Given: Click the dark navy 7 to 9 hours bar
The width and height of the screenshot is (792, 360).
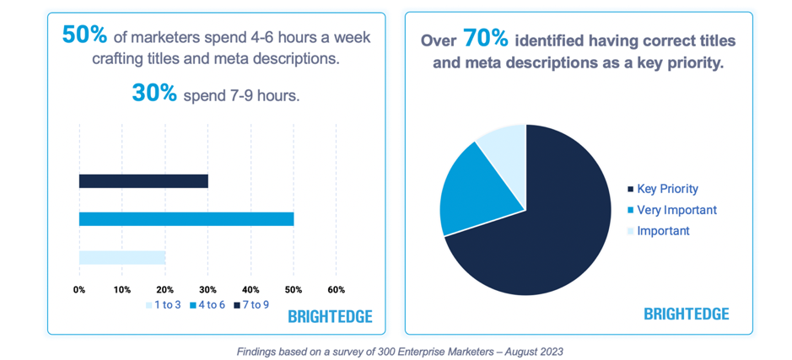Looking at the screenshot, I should tap(143, 181).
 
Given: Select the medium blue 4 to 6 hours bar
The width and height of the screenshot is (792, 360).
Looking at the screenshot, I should tap(186, 219).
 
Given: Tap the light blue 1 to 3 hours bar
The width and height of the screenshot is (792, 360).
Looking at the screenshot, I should tap(122, 257).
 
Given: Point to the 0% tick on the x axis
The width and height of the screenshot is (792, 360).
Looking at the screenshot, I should tap(79, 289).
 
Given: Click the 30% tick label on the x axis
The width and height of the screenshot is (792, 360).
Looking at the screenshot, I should tap(207, 289).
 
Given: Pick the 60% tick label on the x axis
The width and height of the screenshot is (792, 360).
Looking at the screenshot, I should tap(336, 289).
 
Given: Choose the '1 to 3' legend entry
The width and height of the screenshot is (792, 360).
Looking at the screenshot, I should tap(163, 304).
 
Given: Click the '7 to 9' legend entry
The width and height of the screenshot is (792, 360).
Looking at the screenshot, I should tap(251, 304).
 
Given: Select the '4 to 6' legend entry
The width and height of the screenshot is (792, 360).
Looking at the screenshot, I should tap(207, 304).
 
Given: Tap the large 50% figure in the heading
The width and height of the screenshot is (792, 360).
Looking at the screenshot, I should tap(84, 35).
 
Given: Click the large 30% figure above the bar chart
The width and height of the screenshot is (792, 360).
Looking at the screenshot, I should tap(154, 94).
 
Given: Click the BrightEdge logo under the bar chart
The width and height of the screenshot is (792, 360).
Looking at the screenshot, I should tap(330, 317).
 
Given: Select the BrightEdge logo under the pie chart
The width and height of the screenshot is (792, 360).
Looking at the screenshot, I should tap(686, 314).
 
